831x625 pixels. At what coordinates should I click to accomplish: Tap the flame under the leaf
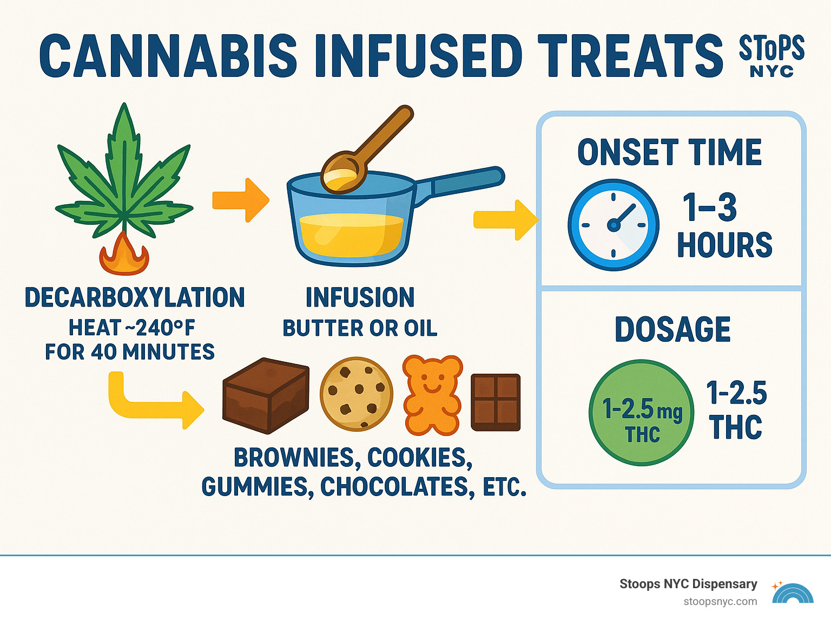[124, 256]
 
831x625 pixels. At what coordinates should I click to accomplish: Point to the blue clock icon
[614, 225]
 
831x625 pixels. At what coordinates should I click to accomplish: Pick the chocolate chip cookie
[356, 394]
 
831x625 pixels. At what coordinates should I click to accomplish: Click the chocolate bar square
[496, 402]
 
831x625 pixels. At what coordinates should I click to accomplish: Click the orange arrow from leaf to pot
[240, 200]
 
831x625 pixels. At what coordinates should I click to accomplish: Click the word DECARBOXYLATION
[135, 297]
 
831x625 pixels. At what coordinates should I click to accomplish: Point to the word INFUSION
[360, 297]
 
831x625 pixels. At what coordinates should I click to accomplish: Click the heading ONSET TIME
[670, 152]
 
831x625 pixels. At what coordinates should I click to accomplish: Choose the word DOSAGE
[672, 329]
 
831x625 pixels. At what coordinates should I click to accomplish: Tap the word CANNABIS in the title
[168, 56]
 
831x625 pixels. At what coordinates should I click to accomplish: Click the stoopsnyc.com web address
[720, 602]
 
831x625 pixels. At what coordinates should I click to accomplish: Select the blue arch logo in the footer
[793, 594]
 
